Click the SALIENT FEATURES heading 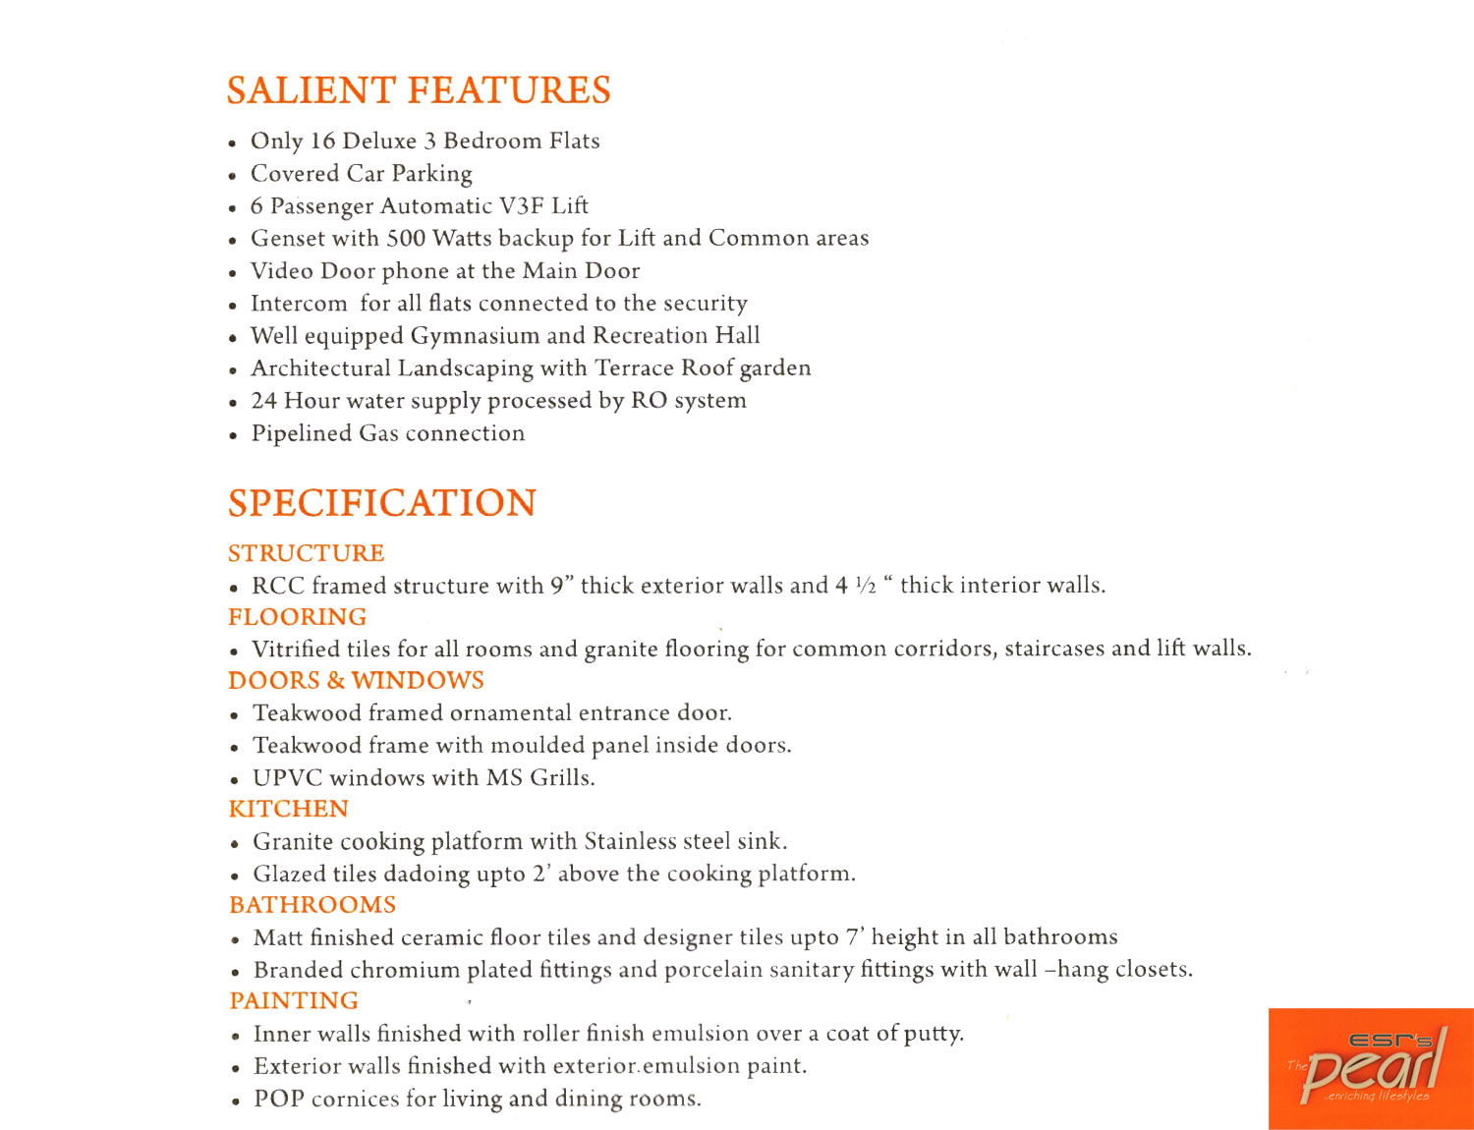(x=419, y=90)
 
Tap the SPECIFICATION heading (x=382, y=503)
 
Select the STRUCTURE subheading (x=307, y=553)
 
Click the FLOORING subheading (x=298, y=617)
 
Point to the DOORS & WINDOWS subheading (x=356, y=681)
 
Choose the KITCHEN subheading (x=289, y=809)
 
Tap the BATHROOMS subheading (x=312, y=905)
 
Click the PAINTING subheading (x=294, y=1000)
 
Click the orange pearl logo (x=1371, y=1069)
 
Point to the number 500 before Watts (x=406, y=239)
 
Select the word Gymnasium (x=475, y=336)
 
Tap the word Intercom (x=299, y=304)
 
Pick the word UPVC (x=287, y=778)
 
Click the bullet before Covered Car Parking (x=233, y=177)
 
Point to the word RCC (x=277, y=586)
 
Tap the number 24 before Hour (x=263, y=401)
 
